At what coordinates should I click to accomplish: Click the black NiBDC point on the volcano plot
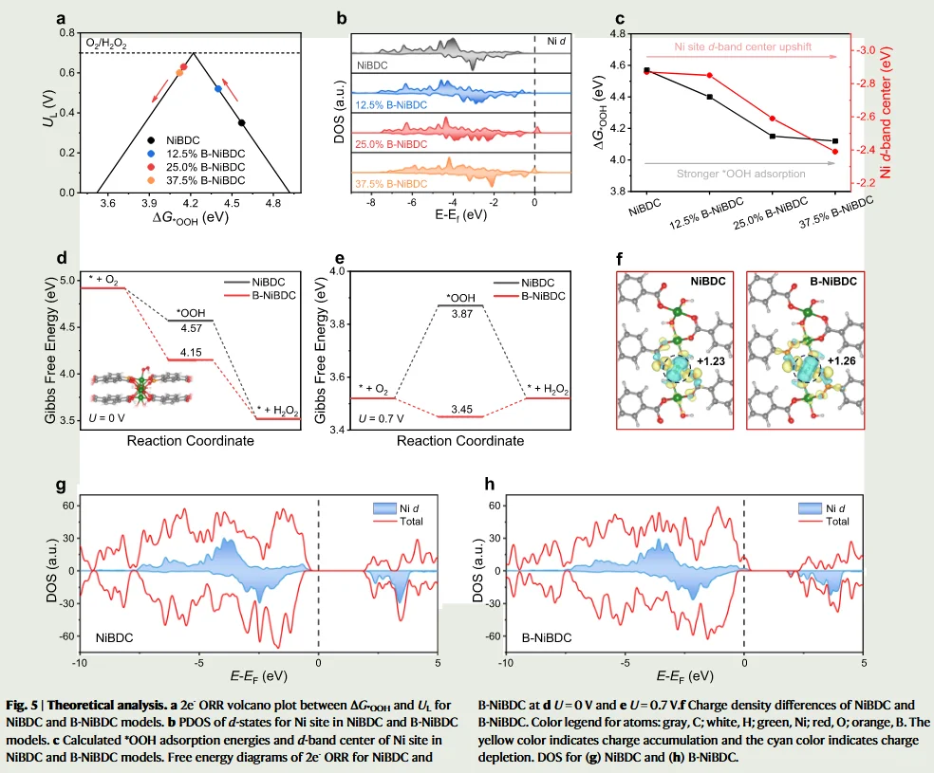coord(241,122)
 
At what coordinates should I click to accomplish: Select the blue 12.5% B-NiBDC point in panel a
coord(218,89)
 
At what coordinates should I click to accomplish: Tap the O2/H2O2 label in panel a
coord(106,45)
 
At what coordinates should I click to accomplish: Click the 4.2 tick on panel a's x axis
coord(191,202)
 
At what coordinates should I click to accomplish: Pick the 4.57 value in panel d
coord(192,328)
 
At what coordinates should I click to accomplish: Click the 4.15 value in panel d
coord(192,352)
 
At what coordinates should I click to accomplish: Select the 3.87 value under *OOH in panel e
coord(461,312)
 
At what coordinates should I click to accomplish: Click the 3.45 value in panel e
coord(461,409)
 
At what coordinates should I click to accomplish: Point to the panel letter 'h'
coord(490,487)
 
